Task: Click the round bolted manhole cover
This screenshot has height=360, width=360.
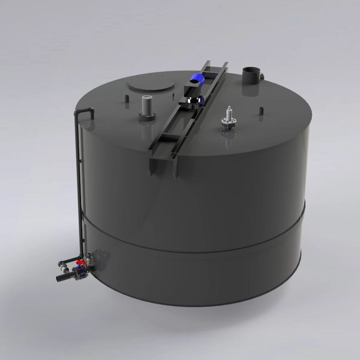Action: (151, 83)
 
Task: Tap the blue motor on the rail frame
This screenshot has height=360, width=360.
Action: (196, 79)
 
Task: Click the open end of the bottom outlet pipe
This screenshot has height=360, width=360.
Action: (58, 277)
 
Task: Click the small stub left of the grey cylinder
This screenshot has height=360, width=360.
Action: (127, 99)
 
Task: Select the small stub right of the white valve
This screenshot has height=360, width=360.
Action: (261, 111)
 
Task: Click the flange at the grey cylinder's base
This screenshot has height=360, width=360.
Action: (147, 117)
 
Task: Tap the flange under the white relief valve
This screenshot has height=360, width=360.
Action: (228, 122)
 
